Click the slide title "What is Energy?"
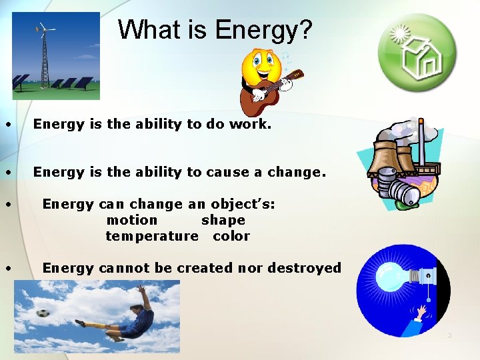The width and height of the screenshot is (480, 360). pyautogui.click(x=215, y=30)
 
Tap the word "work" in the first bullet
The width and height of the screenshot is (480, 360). pyautogui.click(x=252, y=124)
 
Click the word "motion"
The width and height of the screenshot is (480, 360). pyautogui.click(x=132, y=220)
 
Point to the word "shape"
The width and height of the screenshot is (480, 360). pyautogui.click(x=223, y=220)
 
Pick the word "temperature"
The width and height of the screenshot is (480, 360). pyautogui.click(x=152, y=236)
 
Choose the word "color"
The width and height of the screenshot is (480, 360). pyautogui.click(x=231, y=236)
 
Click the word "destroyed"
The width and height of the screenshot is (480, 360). pyautogui.click(x=304, y=268)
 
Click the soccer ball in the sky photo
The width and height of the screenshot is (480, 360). pyautogui.click(x=43, y=312)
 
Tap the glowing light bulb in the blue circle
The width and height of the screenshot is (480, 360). pyautogui.click(x=388, y=275)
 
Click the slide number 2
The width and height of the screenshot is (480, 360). pyautogui.click(x=449, y=335)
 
